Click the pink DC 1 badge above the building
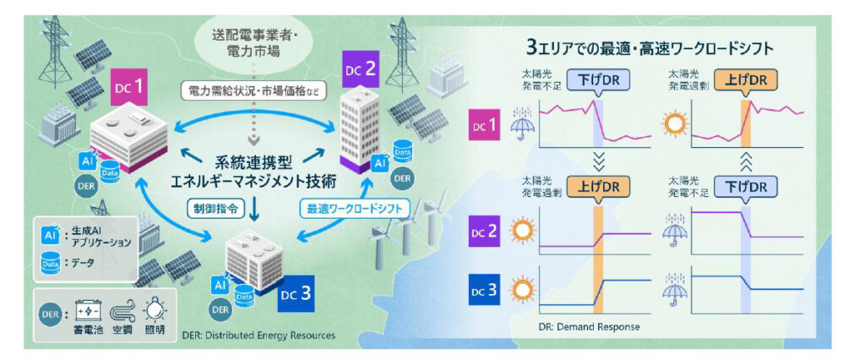point(133,88)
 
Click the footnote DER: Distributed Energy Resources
point(258,335)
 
